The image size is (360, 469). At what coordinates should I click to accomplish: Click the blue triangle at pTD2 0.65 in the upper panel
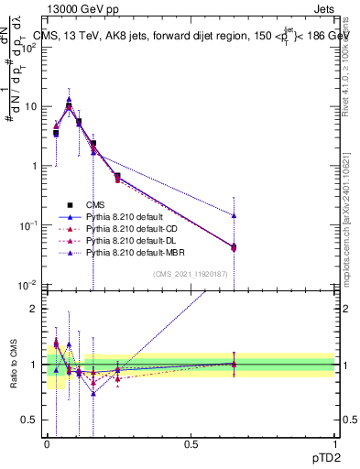click(x=234, y=216)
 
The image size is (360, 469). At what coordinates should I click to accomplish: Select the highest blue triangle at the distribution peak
click(x=69, y=100)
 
